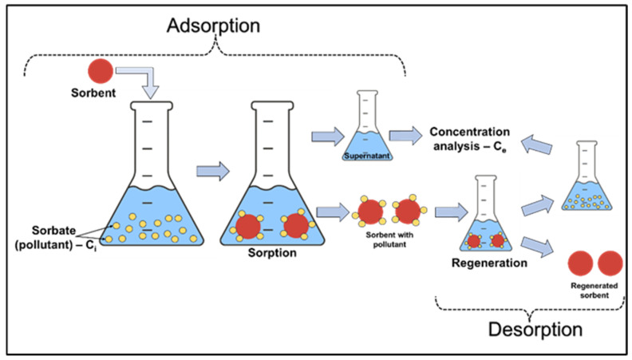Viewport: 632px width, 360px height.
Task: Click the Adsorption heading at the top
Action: coord(213,25)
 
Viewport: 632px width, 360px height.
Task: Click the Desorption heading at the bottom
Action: coord(535,328)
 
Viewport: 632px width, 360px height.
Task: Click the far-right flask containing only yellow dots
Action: coord(587,184)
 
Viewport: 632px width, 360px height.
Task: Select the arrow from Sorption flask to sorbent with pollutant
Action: coord(332,212)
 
